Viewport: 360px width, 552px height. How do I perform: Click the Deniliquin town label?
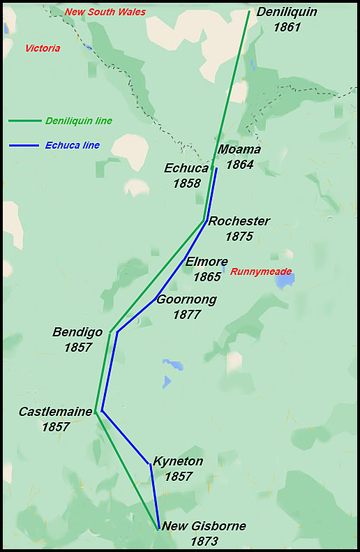point(287,12)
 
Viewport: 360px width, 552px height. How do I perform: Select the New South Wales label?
point(105,12)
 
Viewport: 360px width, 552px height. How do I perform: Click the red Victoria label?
point(43,48)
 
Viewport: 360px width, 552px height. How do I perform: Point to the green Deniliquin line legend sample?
point(24,121)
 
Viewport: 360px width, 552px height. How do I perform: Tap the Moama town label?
point(239,149)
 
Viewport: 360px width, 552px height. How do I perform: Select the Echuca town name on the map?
point(186,168)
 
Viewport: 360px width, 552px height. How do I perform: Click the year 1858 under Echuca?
point(186,184)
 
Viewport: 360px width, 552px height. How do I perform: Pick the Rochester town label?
point(239,221)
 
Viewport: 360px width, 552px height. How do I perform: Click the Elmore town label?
point(207,262)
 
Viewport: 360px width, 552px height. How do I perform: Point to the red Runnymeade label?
point(261,271)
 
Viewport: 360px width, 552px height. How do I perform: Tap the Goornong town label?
point(186,299)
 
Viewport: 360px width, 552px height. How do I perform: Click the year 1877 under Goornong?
point(186,315)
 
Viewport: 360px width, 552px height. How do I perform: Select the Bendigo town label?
point(77,331)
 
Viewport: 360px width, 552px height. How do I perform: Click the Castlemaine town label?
point(55,412)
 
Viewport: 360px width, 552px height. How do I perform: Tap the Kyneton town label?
point(178,461)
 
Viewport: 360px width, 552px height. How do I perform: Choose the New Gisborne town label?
point(204,526)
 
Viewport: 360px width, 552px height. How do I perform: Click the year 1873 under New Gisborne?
point(204,542)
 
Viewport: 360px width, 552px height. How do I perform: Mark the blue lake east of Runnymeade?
point(285,280)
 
